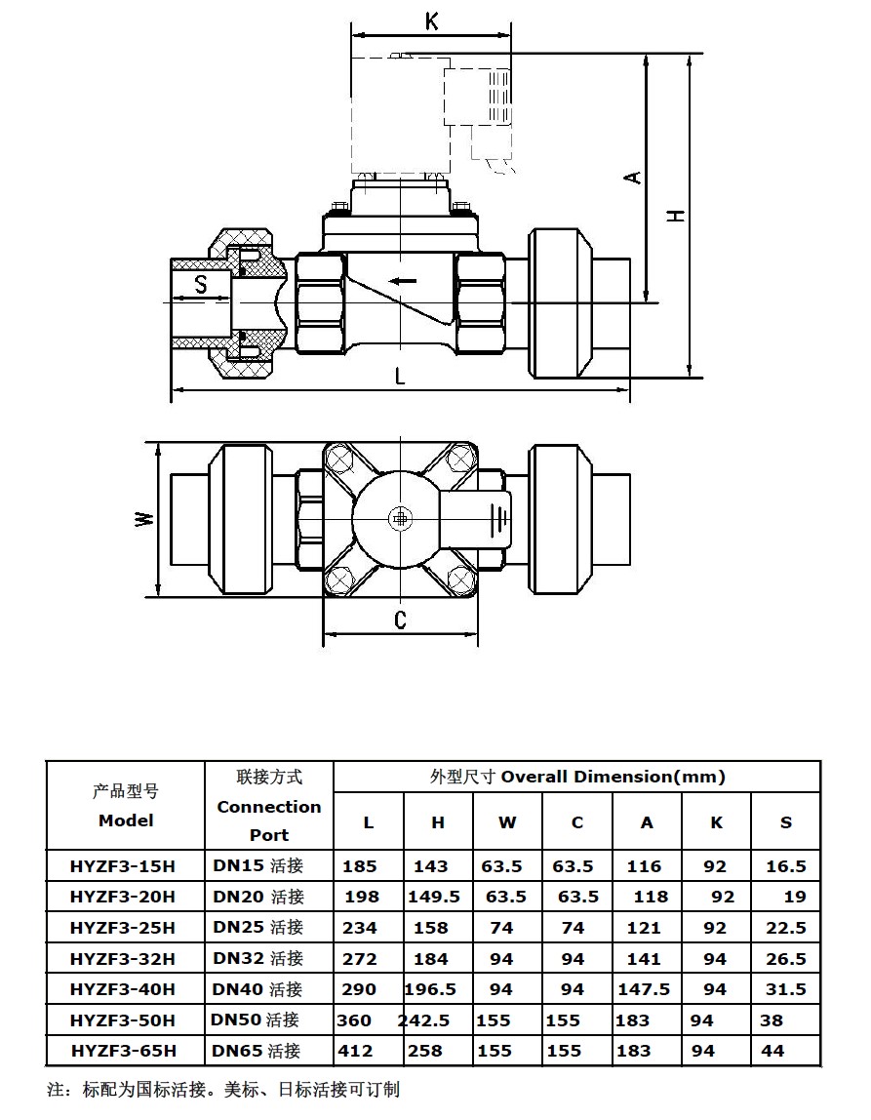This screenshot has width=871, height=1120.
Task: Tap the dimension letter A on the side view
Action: coord(633,177)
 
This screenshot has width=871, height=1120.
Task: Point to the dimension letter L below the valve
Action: coord(400,376)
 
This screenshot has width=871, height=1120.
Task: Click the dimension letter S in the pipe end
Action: coord(200,285)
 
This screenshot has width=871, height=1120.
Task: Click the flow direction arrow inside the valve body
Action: coord(403,282)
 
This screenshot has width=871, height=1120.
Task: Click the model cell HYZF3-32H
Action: coord(123,959)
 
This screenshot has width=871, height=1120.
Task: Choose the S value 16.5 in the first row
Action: coord(786,865)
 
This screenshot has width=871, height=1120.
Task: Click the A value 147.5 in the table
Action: coord(644,989)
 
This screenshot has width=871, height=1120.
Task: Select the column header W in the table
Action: coord(507,822)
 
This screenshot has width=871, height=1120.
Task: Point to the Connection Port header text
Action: coord(268,820)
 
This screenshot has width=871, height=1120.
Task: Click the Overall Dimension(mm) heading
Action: coord(577,777)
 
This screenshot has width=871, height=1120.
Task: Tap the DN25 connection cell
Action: coord(258,927)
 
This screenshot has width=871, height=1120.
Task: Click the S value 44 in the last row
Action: coord(772,1051)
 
